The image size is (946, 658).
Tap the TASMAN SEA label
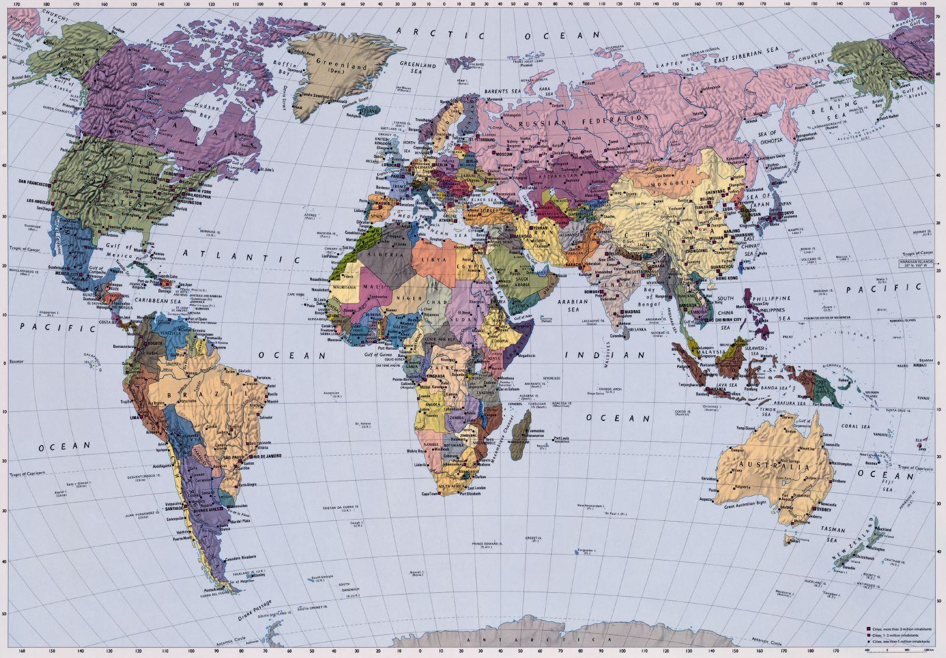pyautogui.click(x=833, y=534)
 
